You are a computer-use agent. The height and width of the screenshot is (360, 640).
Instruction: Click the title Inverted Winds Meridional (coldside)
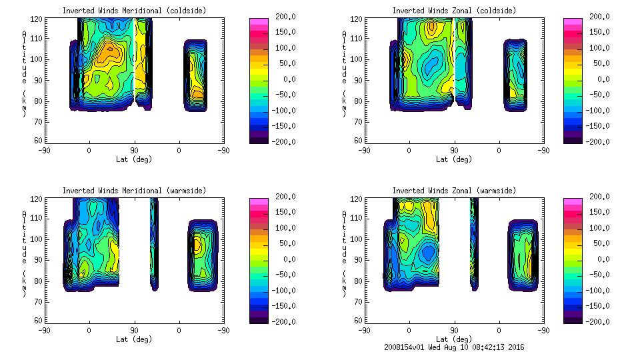pos(134,11)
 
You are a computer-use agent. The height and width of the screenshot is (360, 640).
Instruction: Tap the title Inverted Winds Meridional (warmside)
pos(134,191)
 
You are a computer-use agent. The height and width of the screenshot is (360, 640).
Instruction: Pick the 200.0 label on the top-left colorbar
pos(282,17)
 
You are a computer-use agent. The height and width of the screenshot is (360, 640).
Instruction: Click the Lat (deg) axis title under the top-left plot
pos(134,159)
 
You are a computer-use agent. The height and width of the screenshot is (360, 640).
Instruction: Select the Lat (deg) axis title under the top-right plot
pos(454,159)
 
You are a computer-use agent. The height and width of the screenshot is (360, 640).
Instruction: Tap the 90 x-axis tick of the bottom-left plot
pos(134,330)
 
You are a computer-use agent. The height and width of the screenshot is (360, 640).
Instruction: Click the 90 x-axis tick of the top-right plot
pos(454,150)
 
